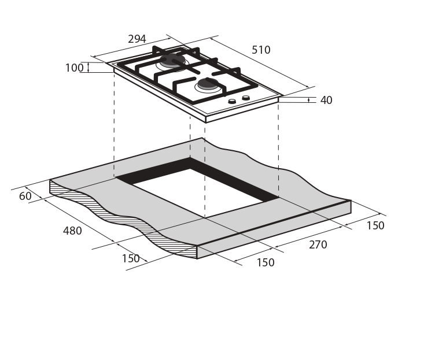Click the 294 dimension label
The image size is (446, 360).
137,39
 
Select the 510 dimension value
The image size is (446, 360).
261,50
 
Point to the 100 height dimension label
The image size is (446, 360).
75,68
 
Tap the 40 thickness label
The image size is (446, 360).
326,100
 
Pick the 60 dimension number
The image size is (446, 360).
25,196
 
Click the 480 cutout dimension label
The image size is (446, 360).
72,231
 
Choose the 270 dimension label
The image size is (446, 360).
318,244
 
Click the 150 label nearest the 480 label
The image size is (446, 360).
131,258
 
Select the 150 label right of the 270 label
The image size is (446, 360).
375,225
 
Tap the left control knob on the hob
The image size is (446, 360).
233,101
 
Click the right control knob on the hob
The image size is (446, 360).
246,98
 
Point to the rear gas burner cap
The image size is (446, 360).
172,60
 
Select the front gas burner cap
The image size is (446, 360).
208,84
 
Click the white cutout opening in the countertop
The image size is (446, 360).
198,193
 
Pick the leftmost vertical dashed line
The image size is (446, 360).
114,125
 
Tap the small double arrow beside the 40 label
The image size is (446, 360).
309,100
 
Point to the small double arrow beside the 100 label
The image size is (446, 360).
89,68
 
